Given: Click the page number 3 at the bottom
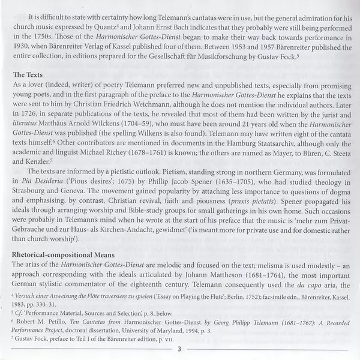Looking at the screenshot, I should [x=179, y=352].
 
